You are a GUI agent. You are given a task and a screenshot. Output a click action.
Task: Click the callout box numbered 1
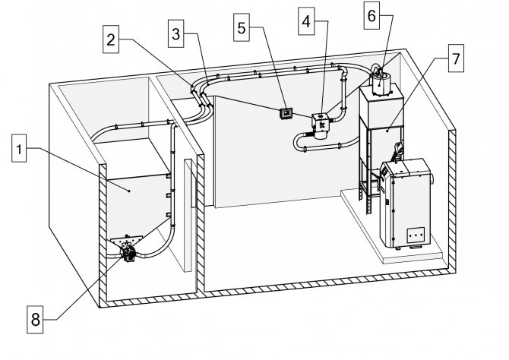(22, 150)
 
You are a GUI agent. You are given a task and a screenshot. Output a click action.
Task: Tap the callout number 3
(178, 33)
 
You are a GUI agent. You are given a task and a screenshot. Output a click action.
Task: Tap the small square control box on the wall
(286, 113)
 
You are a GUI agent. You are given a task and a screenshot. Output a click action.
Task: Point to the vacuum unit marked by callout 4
(321, 125)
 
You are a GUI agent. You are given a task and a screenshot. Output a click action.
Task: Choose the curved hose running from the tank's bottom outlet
(156, 243)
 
